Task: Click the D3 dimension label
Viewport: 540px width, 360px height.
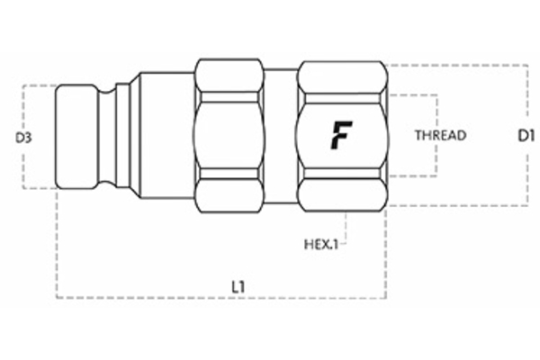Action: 24,138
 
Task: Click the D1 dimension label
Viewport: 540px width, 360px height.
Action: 527,137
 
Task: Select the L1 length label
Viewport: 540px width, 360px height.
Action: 238,286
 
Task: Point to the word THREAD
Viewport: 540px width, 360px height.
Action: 439,137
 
